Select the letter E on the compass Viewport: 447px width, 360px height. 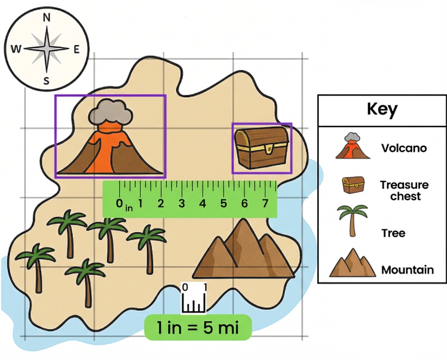pyautogui.click(x=76, y=49)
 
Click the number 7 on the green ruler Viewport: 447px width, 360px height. pyautogui.click(x=265, y=203)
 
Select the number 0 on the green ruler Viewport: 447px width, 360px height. pyautogui.click(x=120, y=203)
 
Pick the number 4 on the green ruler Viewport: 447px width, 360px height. pyautogui.click(x=203, y=203)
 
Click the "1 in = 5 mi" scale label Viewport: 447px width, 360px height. pyautogui.click(x=198, y=328)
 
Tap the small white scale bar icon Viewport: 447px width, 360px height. pyautogui.click(x=193, y=298)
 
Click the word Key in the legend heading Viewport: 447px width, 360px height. pyautogui.click(x=382, y=110)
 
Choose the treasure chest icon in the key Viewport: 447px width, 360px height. pyautogui.click(x=353, y=185)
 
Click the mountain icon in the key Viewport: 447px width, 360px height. pyautogui.click(x=352, y=263)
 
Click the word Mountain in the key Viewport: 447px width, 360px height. pyautogui.click(x=407, y=270)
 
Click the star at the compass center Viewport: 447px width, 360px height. pyautogui.click(x=47, y=49)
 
